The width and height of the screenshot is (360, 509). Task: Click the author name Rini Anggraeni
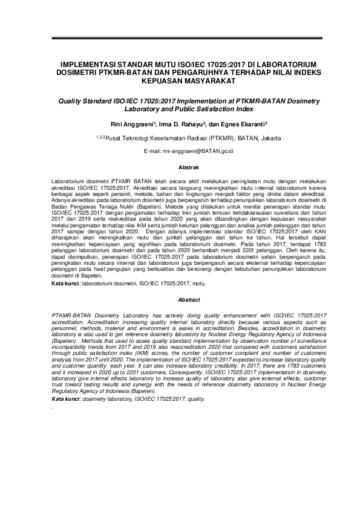127,125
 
